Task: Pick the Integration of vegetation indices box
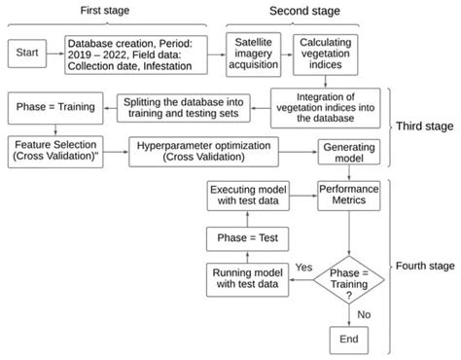323,104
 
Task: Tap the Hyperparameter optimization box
198,150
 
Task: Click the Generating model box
336,151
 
